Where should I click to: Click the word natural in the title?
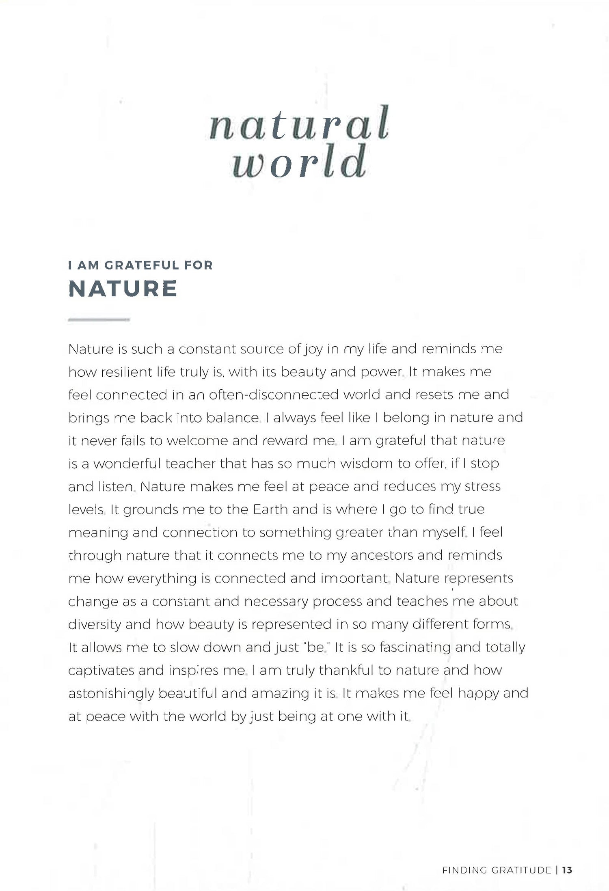point(299,123)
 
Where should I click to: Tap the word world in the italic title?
point(299,162)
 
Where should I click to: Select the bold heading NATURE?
point(123,289)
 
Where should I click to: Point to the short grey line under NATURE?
point(99,320)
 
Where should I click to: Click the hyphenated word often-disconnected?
point(274,395)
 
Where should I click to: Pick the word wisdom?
point(367,464)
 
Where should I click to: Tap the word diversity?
point(94,624)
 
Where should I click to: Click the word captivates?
point(101,670)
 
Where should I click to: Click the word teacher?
point(190,464)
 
